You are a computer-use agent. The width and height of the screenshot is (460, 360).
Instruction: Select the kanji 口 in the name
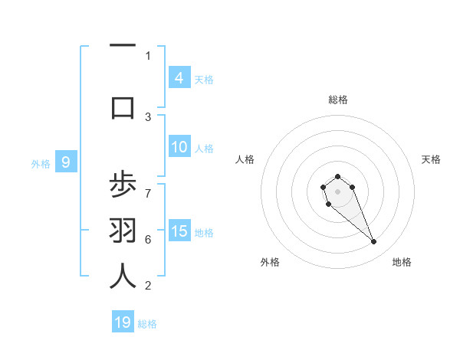tap(123, 108)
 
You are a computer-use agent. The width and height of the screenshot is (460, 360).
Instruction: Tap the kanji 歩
tap(123, 186)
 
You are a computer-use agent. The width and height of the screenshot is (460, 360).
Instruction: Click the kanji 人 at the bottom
tap(123, 276)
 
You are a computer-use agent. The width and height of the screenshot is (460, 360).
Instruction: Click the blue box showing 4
tap(179, 77)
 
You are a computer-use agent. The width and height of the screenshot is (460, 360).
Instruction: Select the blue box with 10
tap(179, 147)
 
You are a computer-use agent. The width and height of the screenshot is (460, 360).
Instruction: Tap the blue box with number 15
tap(179, 231)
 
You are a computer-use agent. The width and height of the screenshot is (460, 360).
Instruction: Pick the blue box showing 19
tap(123, 322)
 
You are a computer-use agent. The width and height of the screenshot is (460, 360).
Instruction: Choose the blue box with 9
tap(66, 162)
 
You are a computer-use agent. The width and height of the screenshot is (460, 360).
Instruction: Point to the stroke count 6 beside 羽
tap(148, 239)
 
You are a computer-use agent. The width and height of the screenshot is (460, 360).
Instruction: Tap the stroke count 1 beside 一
tap(148, 55)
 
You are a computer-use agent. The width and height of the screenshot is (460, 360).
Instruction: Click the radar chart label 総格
tap(337, 100)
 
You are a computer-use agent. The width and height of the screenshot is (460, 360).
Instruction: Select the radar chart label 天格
tap(431, 159)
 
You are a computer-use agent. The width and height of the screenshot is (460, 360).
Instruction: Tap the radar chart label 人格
tap(245, 159)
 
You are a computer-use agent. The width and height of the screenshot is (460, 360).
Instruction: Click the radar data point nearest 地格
tap(374, 242)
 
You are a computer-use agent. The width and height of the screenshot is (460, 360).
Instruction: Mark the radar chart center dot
tap(337, 191)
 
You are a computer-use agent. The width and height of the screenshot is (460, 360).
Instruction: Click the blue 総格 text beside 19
tap(148, 324)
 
